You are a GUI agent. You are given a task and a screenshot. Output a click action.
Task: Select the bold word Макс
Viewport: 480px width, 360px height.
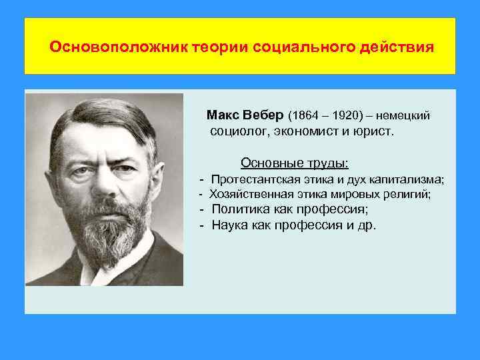click(x=225, y=115)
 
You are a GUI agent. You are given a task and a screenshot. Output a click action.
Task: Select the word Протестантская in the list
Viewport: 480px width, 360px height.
click(x=250, y=179)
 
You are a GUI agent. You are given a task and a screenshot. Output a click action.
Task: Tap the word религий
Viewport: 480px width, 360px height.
click(x=409, y=195)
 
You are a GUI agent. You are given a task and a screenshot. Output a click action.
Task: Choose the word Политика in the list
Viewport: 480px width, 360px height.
click(x=235, y=209)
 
